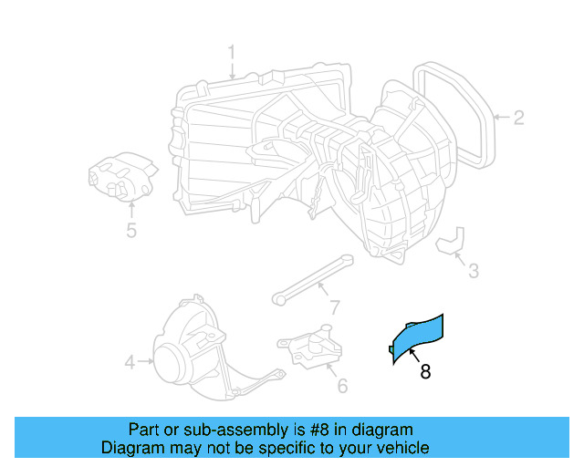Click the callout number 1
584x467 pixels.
click(232, 51)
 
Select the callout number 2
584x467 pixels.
click(517, 117)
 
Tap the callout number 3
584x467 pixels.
click(473, 270)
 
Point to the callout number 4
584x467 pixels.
click(130, 363)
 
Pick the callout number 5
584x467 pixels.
click(131, 230)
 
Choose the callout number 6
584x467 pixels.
click(342, 386)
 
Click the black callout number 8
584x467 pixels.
click(425, 371)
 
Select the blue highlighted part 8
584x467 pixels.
click(416, 337)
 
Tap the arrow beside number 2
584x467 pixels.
click(500, 117)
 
